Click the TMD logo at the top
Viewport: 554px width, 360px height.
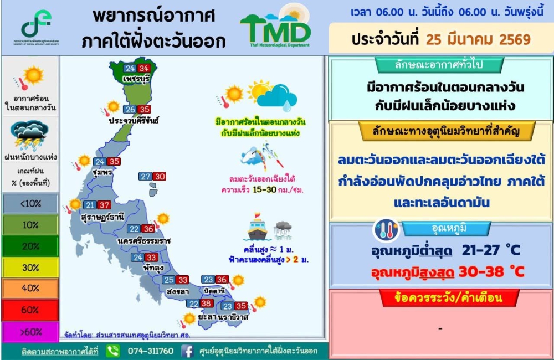tap(276, 28)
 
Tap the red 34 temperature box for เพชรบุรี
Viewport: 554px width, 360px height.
tap(145, 69)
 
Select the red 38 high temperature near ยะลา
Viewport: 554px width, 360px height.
tap(206, 304)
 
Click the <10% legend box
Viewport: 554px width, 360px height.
tap(30, 203)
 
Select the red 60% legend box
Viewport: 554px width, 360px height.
tap(30, 310)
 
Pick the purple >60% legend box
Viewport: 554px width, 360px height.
tap(30, 332)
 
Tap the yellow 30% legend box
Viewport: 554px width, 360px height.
tap(30, 268)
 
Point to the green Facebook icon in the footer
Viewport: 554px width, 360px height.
tap(187, 351)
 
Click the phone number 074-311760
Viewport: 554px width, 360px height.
tap(151, 351)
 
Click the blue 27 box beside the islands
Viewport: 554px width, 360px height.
tap(145, 177)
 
